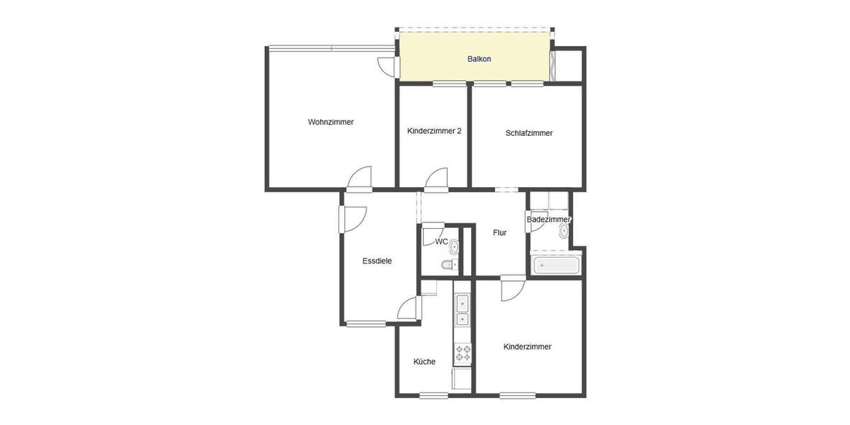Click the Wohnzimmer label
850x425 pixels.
point(330,122)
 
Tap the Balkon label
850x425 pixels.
point(479,59)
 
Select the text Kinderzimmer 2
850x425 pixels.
point(434,131)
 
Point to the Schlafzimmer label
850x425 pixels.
point(528,133)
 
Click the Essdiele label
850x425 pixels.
point(377,261)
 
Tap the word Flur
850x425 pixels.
point(499,232)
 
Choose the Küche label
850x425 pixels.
point(424,362)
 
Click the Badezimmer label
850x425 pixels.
point(548,220)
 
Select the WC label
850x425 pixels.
point(441,242)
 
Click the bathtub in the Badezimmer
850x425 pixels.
point(556,266)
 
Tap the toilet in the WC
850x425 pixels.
point(448,266)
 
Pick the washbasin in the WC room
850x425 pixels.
point(453,246)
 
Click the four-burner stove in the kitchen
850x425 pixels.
point(463,351)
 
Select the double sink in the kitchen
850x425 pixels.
point(463,312)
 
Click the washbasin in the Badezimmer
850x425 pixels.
point(564,231)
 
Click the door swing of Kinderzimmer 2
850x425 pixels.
point(437,180)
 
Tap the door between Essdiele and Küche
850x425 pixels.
point(410,308)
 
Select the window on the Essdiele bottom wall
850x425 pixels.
point(365,324)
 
